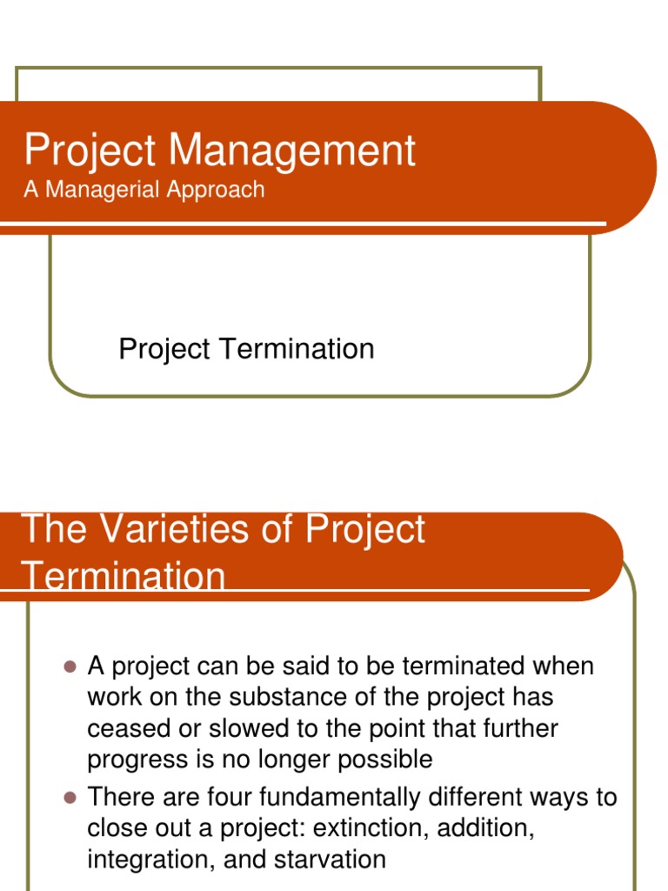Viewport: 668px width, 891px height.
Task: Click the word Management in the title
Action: [292, 151]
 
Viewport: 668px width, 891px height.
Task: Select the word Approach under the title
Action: [217, 190]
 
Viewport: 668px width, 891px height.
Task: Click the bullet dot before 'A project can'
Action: [71, 667]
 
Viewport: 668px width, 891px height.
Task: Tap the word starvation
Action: [331, 860]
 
